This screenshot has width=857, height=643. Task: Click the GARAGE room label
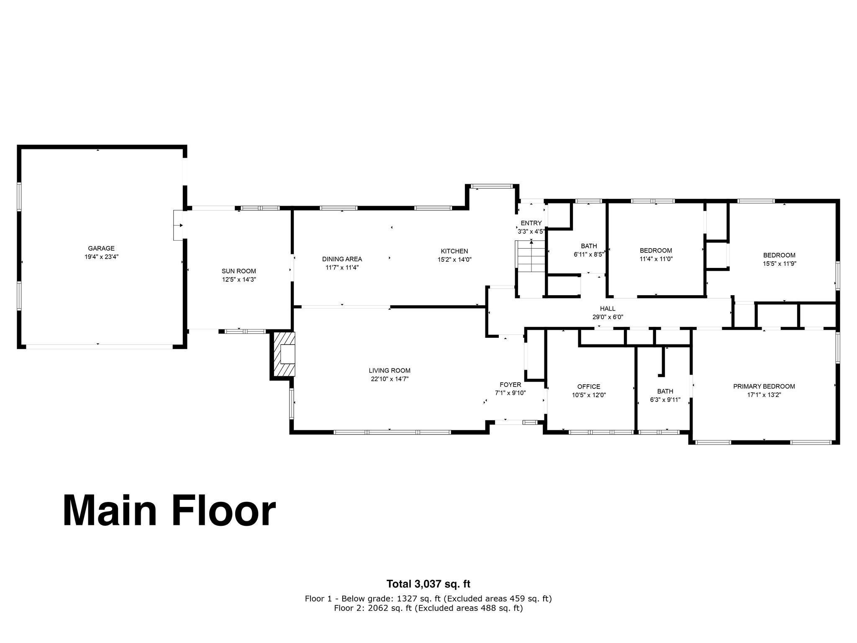pos(101,248)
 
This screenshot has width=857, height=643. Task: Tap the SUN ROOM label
pos(239,271)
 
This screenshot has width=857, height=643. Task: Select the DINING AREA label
pos(342,259)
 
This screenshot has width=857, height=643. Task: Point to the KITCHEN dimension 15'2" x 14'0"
pos(454,260)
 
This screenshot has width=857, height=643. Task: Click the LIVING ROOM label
pos(390,370)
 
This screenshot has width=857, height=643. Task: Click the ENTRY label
pos(531,223)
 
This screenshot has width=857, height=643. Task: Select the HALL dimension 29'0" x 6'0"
pos(608,317)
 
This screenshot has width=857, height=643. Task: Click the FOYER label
pos(511,385)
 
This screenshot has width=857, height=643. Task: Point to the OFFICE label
pos(589,386)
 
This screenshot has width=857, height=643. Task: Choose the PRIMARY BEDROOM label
pos(764,386)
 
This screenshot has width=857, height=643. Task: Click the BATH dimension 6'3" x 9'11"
pos(665,400)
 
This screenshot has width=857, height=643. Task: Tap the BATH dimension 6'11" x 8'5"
pos(589,254)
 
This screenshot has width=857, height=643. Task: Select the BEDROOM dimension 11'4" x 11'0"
pos(656,259)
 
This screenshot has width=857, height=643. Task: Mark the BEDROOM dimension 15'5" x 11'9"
pos(779,264)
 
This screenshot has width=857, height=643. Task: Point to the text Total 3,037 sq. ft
pos(428,584)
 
